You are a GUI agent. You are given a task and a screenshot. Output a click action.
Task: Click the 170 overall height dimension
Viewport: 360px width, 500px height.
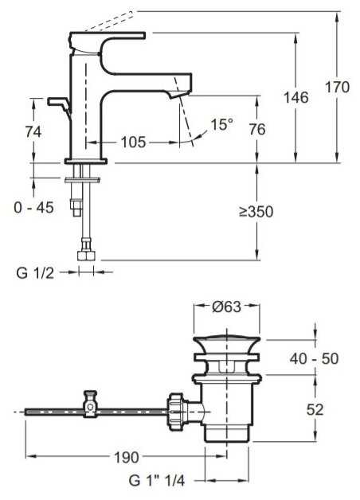337,88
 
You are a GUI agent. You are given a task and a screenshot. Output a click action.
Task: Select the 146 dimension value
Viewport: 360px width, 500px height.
296,97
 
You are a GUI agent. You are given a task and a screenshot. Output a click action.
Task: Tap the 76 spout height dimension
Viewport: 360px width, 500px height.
257,130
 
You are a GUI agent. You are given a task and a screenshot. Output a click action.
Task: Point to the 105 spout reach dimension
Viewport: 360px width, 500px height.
133,142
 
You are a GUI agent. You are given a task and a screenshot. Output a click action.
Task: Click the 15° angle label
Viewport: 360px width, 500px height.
222,124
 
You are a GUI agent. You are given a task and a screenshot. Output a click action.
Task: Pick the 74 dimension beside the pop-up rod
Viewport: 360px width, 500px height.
33,131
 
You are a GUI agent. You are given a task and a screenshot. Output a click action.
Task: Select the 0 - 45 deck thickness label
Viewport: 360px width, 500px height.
33,208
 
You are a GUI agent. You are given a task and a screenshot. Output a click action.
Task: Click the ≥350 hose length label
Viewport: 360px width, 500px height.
256,212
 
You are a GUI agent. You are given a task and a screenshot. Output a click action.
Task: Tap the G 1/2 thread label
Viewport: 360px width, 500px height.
35,273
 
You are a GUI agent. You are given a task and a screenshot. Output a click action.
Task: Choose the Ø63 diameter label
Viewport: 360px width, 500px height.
227,307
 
